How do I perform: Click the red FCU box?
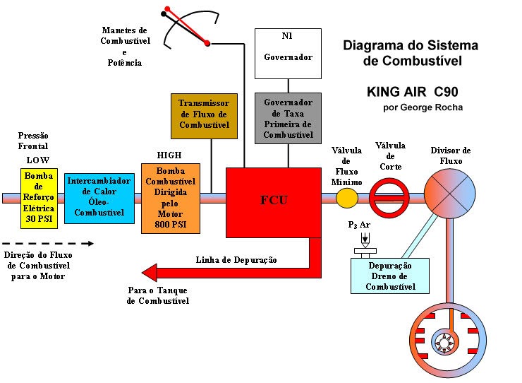pos(274,202)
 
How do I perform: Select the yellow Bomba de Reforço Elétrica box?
pos(38,197)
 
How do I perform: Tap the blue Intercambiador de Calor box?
pos(99,197)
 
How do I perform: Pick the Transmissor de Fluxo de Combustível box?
pos(203,114)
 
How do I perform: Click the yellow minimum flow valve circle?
pos(346,198)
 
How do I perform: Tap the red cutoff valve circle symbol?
pos(390,198)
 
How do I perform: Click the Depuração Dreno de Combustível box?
pos(390,276)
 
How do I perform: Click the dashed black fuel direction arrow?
pos(48,243)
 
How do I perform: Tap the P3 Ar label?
pos(359,225)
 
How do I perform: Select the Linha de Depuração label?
pos(236,259)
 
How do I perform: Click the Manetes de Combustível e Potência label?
pos(124,47)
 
